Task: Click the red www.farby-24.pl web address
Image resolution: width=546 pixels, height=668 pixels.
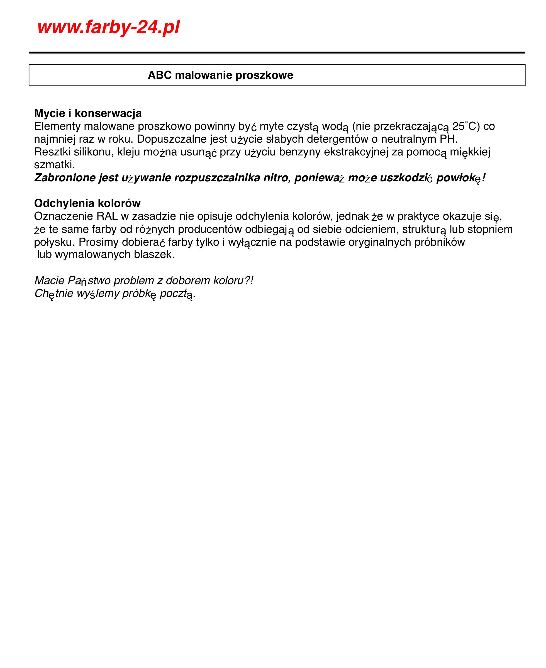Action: [x=109, y=27]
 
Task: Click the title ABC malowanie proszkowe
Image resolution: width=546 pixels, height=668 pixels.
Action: [x=220, y=75]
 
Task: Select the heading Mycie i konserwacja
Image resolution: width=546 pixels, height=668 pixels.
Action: [x=88, y=113]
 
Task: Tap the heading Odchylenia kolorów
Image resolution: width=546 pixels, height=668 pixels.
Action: [x=87, y=203]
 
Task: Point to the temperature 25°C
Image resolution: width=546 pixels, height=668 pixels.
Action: [x=466, y=126]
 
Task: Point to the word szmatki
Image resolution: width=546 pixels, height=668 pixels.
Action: [x=54, y=164]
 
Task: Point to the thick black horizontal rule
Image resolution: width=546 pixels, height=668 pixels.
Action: [x=277, y=53]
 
